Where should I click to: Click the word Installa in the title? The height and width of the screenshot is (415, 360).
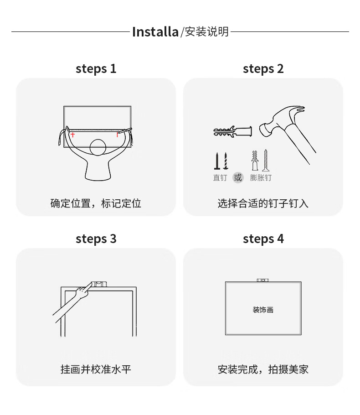155,32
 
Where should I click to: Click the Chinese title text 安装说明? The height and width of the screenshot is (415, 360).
206,32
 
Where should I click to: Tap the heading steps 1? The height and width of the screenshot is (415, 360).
96,69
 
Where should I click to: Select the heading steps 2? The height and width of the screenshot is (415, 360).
263,69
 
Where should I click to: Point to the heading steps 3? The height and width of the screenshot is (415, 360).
96,239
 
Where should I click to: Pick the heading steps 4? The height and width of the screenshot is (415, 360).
263,239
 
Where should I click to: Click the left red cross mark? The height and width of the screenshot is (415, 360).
73,135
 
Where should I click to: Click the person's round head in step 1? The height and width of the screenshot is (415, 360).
98,147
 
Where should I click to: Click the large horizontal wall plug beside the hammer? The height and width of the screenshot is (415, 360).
232,131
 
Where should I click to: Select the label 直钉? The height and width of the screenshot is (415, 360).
220,177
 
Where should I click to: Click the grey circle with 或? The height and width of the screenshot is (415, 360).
238,177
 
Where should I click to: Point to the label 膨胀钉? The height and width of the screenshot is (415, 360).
261,177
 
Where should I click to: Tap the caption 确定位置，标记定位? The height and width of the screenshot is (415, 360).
96,203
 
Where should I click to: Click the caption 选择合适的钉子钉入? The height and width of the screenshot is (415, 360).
263,203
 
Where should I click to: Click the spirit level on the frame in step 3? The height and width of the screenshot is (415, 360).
99,284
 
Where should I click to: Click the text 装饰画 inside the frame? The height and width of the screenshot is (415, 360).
263,310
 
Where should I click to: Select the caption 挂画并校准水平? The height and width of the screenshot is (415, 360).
96,369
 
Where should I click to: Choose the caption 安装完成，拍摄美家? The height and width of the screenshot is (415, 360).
263,369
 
